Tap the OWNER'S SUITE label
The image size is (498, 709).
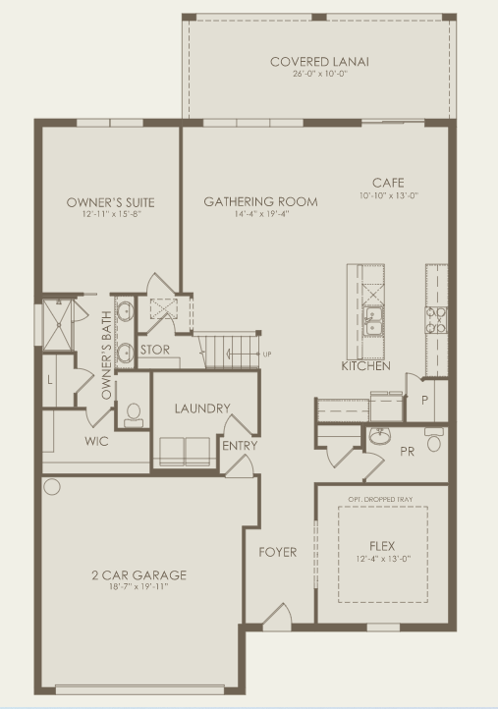(110, 202)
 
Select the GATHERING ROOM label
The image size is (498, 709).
(260, 202)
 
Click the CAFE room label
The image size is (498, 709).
(387, 183)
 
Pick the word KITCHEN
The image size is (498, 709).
(365, 366)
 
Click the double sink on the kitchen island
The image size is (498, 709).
(373, 317)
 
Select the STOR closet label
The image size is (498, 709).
(155, 350)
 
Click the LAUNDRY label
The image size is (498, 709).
(202, 409)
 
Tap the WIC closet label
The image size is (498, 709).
(96, 441)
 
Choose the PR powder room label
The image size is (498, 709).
(408, 451)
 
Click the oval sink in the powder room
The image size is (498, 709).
(380, 435)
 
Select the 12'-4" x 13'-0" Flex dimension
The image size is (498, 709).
(382, 559)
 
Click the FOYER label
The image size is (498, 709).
(277, 552)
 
